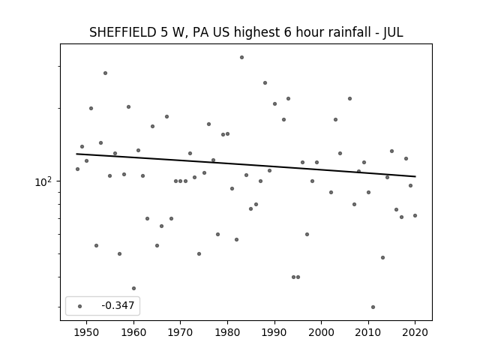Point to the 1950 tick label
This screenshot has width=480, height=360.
[x=87, y=332]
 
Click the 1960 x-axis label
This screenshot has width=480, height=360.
[x=133, y=332]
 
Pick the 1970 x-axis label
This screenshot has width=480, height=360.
[x=180, y=332]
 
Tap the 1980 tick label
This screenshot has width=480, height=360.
[x=227, y=332]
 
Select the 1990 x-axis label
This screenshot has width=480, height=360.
[x=274, y=332]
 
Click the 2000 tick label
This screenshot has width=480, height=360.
[x=321, y=332]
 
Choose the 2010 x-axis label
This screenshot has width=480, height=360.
[x=368, y=332]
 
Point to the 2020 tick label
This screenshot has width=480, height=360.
[x=415, y=332]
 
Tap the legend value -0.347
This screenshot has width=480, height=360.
[x=118, y=305]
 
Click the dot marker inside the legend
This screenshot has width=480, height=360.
[x=80, y=306]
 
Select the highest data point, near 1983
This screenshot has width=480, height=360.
[x=241, y=57]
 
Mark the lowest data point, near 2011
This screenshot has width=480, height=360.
[x=373, y=307]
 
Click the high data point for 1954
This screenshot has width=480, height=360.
[x=105, y=73]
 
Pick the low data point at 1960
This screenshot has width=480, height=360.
[x=133, y=288]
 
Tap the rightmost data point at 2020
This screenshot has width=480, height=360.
[x=415, y=215]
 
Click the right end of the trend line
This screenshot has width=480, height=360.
[x=415, y=176]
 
